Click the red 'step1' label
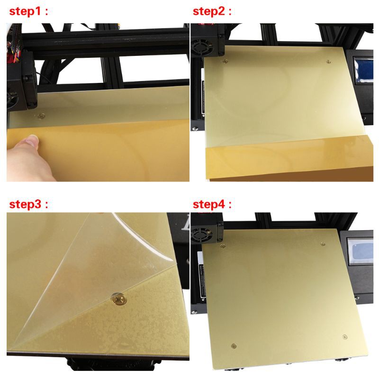28,12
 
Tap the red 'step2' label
212,12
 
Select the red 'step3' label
28,205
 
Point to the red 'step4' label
212,205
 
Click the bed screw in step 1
41,115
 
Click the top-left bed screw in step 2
225,60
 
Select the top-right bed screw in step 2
328,61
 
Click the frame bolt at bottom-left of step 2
194,128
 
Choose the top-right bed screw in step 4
323,244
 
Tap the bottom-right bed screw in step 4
343,337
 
